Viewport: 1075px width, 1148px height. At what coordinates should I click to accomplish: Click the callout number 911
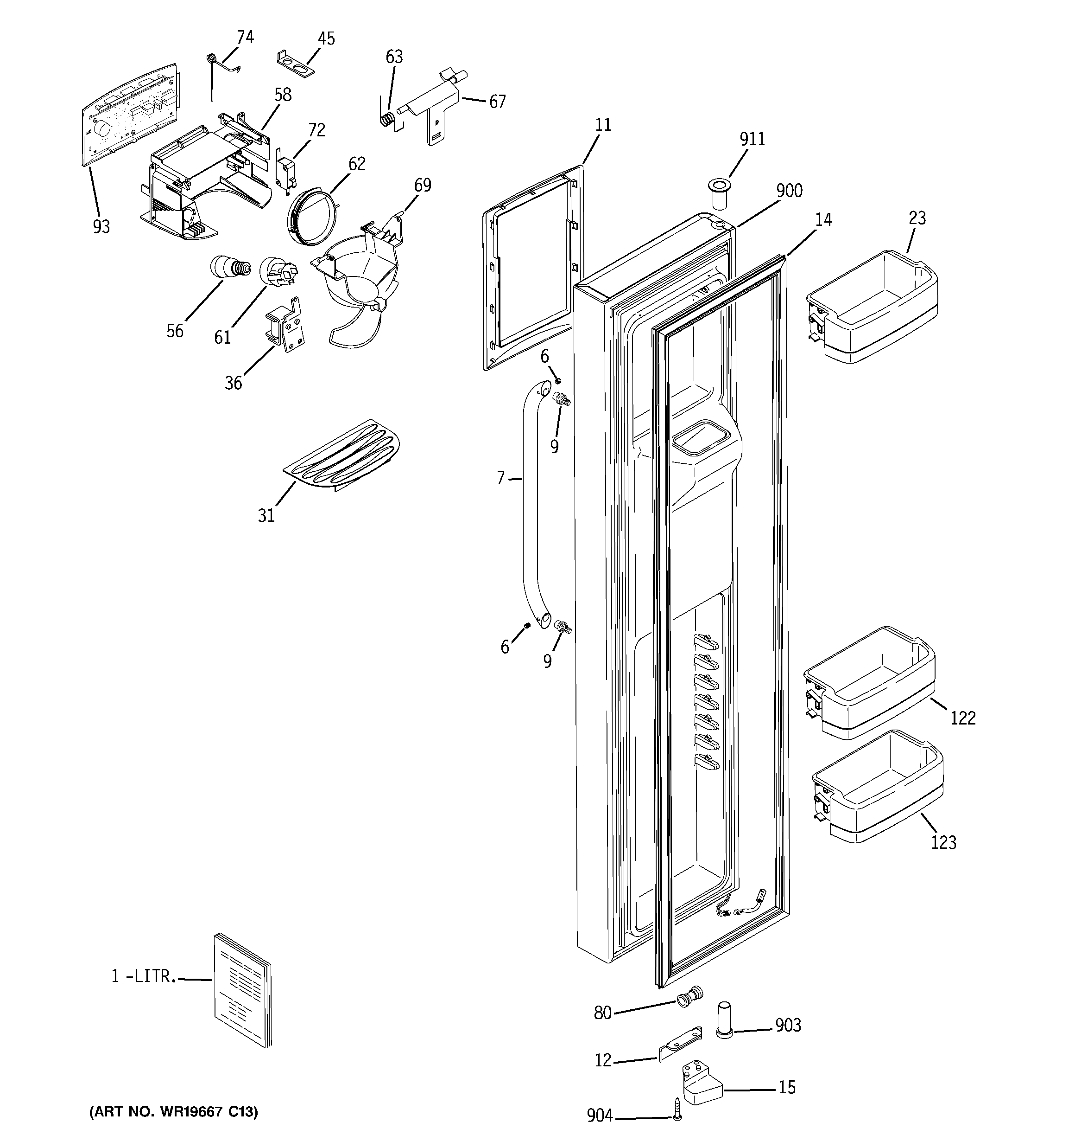[752, 139]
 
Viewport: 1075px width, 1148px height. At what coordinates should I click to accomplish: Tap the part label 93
[101, 227]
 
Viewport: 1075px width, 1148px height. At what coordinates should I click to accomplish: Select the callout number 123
[943, 842]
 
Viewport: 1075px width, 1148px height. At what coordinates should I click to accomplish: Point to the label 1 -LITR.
[143, 976]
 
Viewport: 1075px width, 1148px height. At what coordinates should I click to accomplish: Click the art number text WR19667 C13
[174, 1112]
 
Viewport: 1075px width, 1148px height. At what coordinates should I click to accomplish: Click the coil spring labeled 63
[390, 119]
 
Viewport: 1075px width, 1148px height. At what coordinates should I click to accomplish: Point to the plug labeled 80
[689, 998]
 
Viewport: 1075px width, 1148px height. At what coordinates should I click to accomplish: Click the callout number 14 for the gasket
[823, 220]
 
